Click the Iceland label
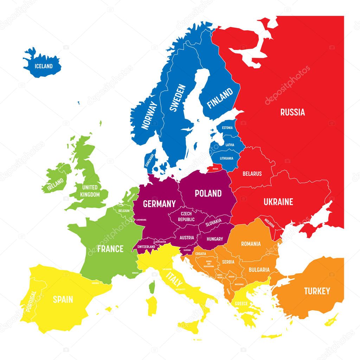44,66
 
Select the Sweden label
177,98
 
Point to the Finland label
220,98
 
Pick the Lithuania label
226,158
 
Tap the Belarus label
252,174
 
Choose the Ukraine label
278,202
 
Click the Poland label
208,193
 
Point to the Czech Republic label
186,217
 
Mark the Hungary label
214,239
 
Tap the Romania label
251,244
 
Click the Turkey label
317,291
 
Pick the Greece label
242,303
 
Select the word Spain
63,300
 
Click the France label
110,249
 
